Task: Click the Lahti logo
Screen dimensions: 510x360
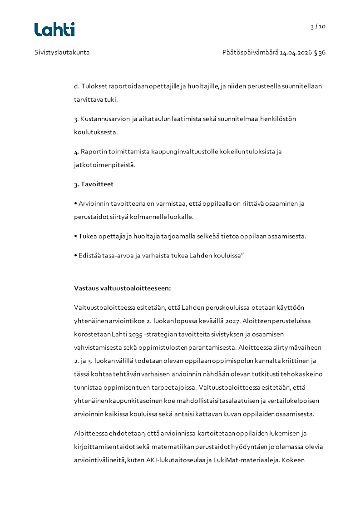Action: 54,30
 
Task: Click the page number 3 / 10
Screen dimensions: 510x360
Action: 318,26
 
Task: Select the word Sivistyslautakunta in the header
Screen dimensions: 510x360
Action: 62,52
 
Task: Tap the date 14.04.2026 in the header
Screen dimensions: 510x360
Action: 296,52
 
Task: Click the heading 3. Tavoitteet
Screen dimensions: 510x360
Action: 94,184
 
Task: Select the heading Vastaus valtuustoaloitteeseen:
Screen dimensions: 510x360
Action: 122,288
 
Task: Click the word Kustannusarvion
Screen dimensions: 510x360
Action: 99,119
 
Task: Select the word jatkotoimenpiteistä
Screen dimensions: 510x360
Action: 104,164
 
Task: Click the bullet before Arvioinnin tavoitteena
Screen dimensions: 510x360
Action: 76,203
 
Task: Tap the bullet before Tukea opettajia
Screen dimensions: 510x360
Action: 76,236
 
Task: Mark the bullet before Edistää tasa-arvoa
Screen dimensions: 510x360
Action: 76,255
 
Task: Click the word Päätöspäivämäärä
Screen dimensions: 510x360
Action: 250,52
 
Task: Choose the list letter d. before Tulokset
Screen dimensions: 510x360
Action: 76,86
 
